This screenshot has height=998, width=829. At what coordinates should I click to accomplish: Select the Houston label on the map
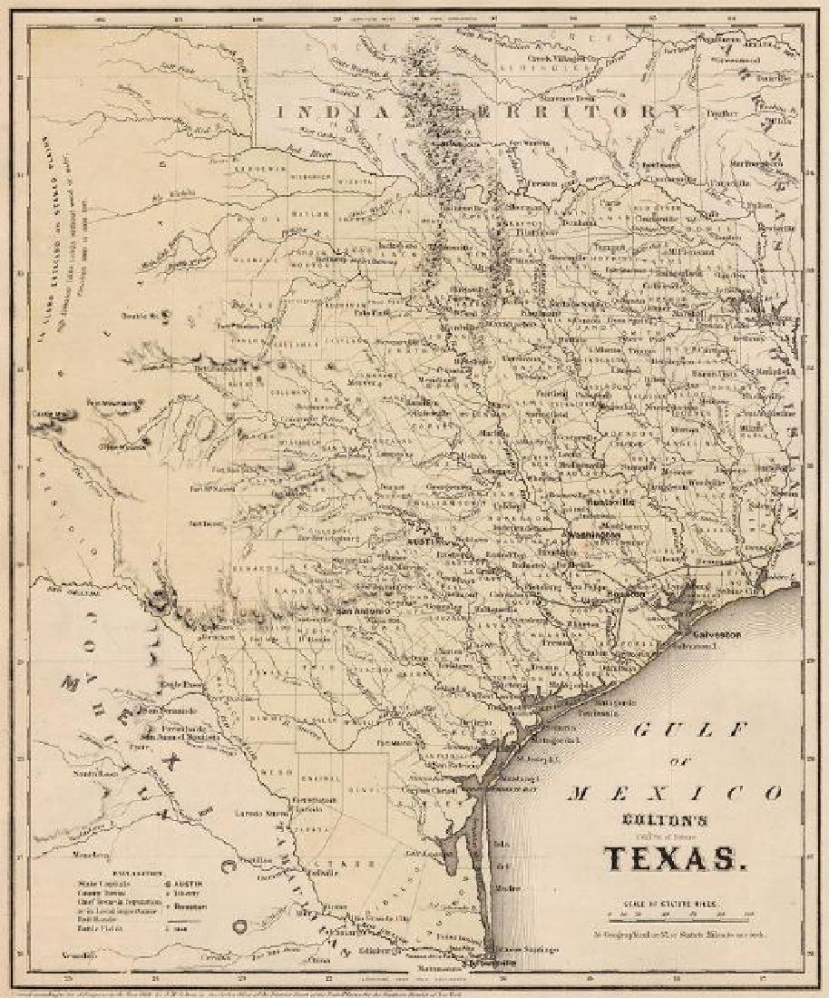point(625,594)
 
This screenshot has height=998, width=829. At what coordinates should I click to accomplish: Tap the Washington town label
point(594,535)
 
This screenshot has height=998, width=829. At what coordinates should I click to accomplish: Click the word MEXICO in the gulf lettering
point(676,791)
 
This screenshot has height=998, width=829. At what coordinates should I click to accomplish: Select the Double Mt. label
point(141,316)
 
